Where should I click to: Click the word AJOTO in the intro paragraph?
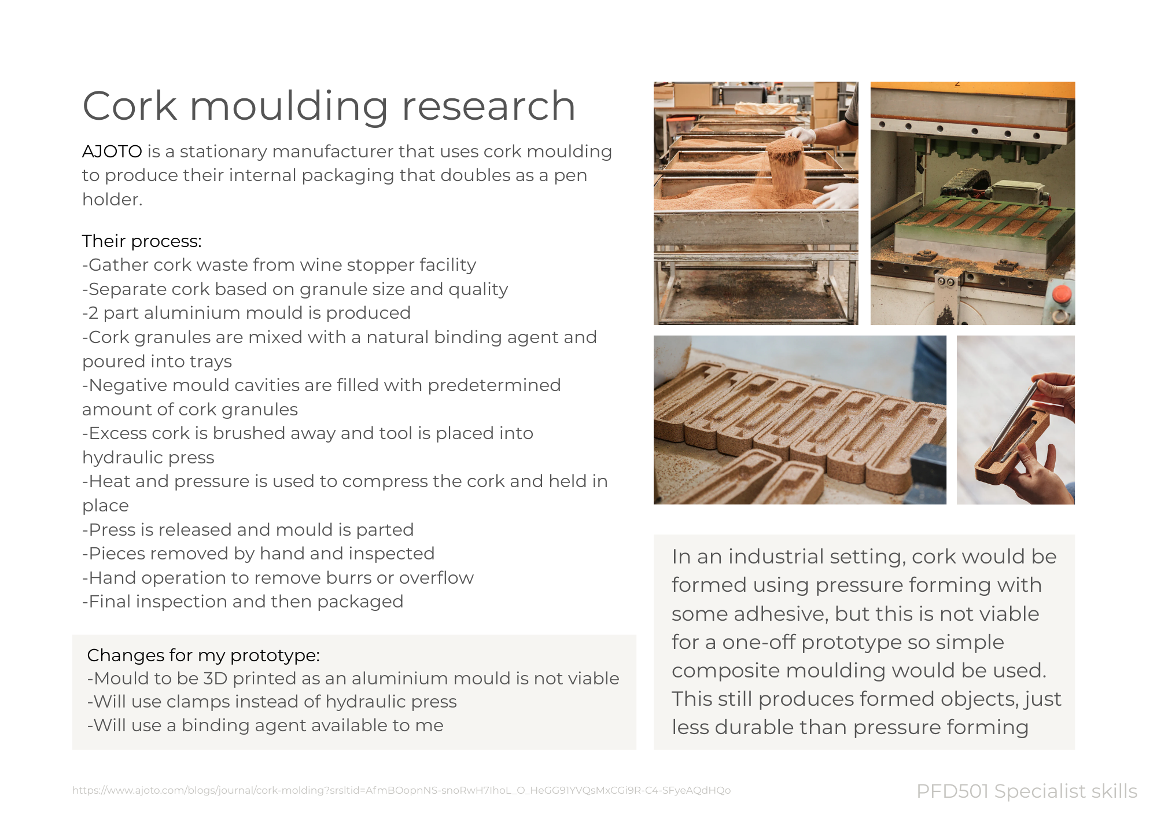(112, 152)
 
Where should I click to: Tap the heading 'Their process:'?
(142, 241)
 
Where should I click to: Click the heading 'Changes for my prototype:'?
(203, 655)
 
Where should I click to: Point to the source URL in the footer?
(401, 790)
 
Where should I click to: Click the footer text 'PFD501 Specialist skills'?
(1026, 791)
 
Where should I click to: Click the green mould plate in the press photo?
(978, 226)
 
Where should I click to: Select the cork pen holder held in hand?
(1009, 448)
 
